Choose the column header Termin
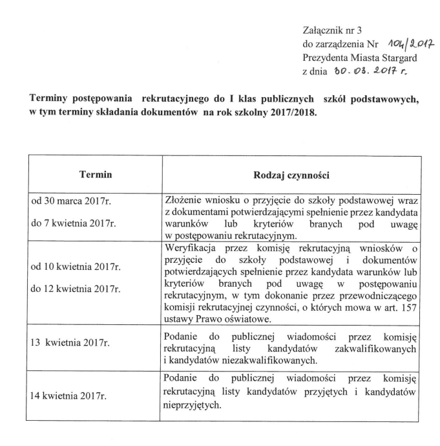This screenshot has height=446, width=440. coord(96,175)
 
